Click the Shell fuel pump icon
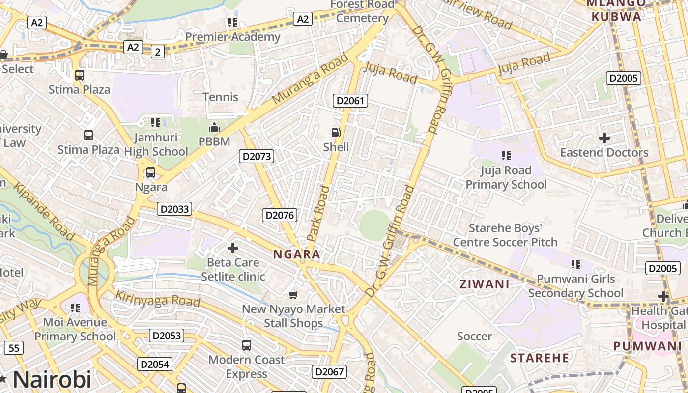(336, 132)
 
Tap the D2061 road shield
(350, 101)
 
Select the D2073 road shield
(257, 156)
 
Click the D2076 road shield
(279, 215)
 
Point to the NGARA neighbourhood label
(297, 254)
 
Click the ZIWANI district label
(484, 284)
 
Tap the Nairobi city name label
(52, 379)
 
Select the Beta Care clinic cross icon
(233, 248)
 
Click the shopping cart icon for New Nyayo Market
(293, 295)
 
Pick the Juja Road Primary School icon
(506, 156)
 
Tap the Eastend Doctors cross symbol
(604, 138)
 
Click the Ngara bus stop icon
(151, 172)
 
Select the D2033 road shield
(175, 209)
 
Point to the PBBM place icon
(214, 128)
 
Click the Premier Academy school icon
(232, 23)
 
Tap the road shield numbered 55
(14, 348)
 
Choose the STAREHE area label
(539, 358)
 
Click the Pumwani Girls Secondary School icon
(576, 264)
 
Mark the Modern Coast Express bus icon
(247, 345)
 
